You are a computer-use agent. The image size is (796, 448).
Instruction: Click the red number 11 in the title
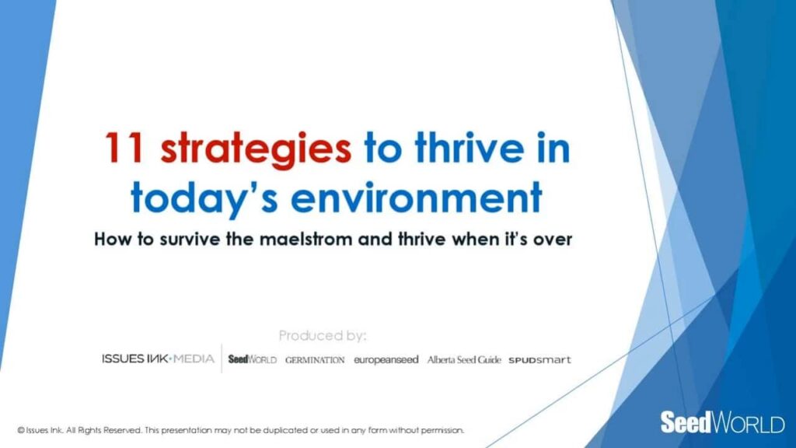pos(123,148)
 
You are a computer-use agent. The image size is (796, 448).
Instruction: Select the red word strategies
pos(255,150)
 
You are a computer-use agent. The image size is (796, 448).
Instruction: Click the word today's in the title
pos(204,198)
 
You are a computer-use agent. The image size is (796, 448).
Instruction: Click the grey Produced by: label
pos(323,336)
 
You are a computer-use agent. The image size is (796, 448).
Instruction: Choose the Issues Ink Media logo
pos(158,359)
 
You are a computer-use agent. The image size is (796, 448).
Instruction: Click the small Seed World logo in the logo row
pos(253,359)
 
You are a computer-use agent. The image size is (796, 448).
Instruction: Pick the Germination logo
pos(315,360)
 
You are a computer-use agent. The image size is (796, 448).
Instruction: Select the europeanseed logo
pos(386,359)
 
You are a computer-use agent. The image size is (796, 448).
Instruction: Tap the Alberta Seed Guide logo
pos(464,359)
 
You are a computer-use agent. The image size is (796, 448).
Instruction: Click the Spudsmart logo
pos(539,360)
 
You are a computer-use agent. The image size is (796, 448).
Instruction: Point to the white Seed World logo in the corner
pos(722,422)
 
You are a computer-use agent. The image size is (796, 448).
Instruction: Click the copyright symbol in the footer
pos(21,430)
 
